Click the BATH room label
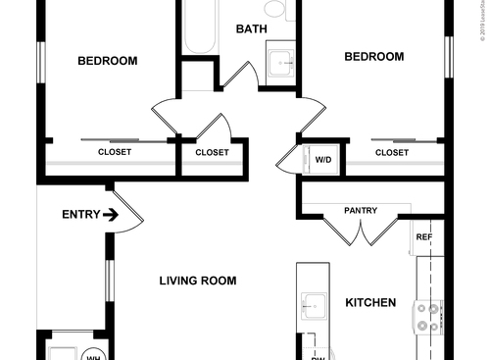click(251, 28)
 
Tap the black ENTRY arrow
click(111, 215)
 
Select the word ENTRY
click(80, 215)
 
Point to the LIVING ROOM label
click(198, 281)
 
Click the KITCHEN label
click(370, 303)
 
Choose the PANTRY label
click(361, 210)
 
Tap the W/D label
click(322, 159)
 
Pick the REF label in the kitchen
click(424, 237)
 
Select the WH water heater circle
click(95, 355)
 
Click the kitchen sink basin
click(313, 306)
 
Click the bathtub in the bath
click(202, 26)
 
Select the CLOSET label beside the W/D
click(392, 152)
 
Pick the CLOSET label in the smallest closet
click(212, 152)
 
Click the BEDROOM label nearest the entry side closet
click(107, 61)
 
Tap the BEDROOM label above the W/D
click(373, 57)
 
